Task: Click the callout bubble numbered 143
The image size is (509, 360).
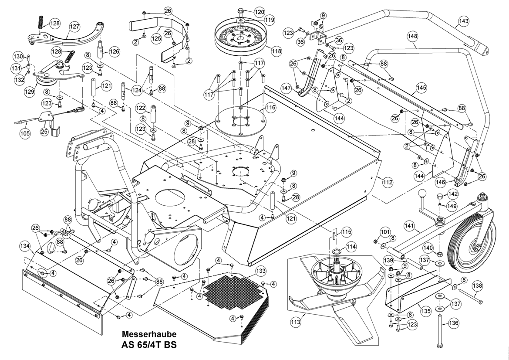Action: [464, 21]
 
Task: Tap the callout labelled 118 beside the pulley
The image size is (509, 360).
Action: [276, 51]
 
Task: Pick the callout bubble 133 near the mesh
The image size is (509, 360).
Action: [261, 271]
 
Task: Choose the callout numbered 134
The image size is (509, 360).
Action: [25, 247]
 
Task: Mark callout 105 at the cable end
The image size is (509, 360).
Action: [25, 133]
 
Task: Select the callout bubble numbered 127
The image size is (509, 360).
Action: [75, 27]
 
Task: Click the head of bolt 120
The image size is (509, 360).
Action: [241, 10]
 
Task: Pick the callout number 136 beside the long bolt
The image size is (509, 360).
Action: [453, 323]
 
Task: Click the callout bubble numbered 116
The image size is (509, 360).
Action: [271, 107]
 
